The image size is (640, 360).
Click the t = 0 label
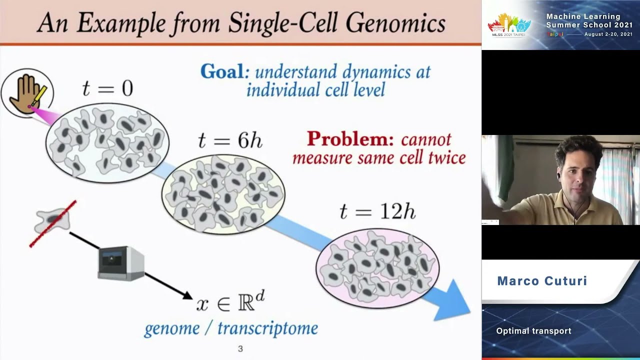107,89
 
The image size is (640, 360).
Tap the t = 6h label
229,141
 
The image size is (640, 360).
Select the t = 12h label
377,212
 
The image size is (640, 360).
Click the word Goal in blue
222,72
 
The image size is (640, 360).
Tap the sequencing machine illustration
121,263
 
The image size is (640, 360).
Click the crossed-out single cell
52,221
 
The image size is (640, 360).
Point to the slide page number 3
240,349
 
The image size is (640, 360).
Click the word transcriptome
267,328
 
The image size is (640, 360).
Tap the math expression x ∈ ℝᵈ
230,301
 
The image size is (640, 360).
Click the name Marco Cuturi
542,281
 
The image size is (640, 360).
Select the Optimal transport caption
533,331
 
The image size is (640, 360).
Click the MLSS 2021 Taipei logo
509,25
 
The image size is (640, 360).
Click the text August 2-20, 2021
608,34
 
